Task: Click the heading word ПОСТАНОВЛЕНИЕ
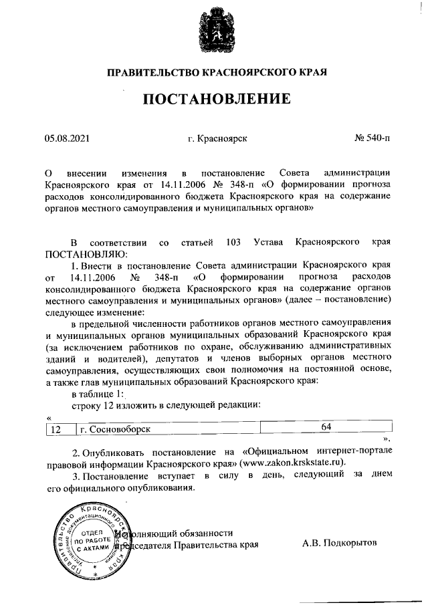214,100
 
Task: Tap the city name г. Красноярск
218,138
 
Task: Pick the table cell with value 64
326,426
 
